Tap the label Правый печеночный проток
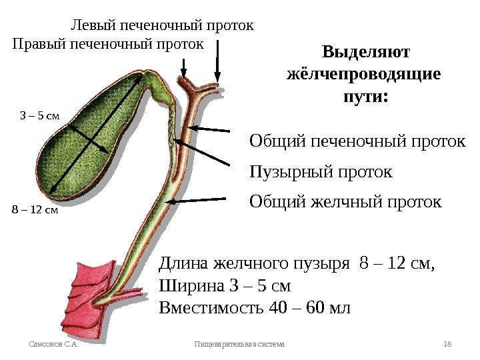[108, 44]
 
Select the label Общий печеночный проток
[357, 141]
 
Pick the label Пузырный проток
[321, 172]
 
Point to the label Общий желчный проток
[345, 201]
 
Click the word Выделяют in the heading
[366, 52]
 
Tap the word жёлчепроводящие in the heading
[363, 74]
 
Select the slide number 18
[447, 344]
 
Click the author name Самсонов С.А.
[54, 344]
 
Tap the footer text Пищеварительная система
[239, 344]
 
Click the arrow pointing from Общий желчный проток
[200, 199]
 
